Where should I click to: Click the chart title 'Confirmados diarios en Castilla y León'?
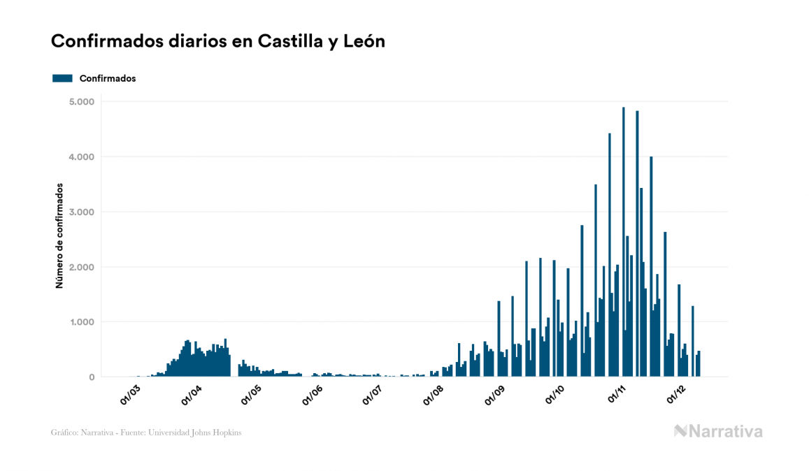218,41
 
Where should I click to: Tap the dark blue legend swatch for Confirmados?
62,78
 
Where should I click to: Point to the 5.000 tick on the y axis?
82,102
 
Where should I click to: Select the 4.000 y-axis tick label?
82,157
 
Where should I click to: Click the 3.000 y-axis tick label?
82,212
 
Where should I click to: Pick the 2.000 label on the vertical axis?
82,268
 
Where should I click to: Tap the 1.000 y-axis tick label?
82,322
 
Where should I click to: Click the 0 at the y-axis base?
92,377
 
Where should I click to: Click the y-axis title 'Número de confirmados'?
59,236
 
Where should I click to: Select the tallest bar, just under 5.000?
624,245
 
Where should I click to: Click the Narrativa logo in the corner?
718,431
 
